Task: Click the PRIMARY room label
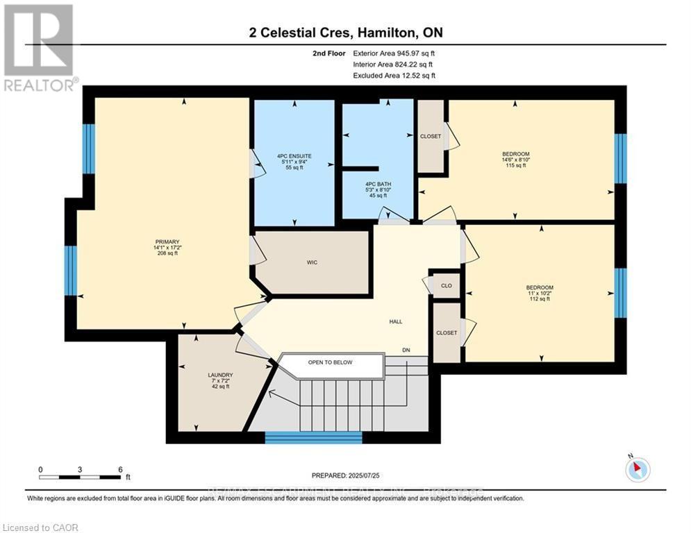167,242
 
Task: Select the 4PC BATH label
379,183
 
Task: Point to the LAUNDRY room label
219,375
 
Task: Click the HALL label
396,321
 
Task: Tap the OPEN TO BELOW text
331,362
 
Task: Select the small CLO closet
447,285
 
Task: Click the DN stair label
406,350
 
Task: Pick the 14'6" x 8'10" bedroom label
515,153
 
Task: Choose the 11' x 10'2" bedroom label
539,287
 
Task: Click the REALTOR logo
39,47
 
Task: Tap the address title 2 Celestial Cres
345,33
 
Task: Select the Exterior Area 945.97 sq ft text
394,53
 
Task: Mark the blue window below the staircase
314,438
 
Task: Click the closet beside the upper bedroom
431,136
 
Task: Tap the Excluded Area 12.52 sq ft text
394,75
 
